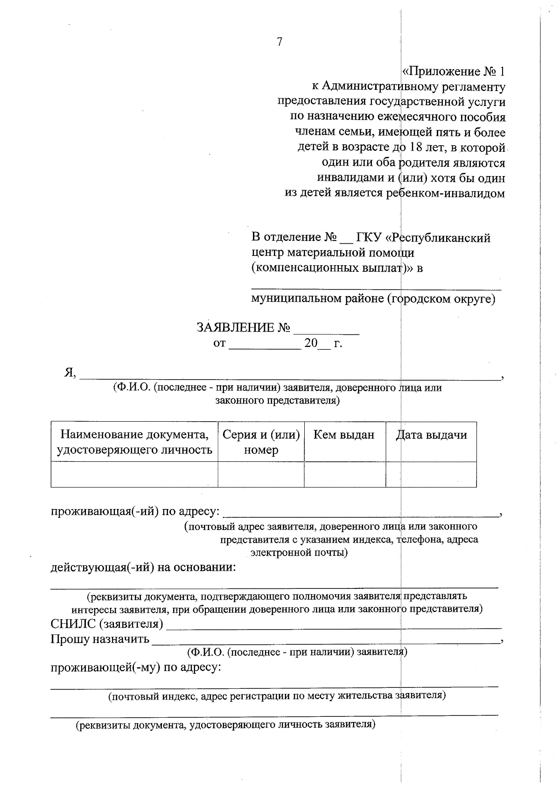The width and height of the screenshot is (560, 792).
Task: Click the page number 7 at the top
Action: [x=280, y=42]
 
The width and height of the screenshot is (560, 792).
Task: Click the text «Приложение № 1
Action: [x=453, y=72]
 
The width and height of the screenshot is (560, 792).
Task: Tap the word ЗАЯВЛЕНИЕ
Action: [x=235, y=327]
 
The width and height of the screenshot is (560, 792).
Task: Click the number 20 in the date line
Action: [x=311, y=343]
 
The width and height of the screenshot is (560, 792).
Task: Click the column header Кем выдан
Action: [x=344, y=435]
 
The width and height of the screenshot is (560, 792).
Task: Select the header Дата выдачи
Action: [x=431, y=435]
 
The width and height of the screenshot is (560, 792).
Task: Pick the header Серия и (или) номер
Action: [x=261, y=442]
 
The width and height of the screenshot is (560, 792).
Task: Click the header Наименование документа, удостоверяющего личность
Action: [x=134, y=442]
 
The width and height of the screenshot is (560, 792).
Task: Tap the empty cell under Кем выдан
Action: [x=345, y=474]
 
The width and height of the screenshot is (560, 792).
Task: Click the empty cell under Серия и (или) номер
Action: [x=261, y=474]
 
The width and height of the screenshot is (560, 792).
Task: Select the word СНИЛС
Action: [x=74, y=624]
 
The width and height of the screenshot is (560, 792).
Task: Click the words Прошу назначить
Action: [x=100, y=639]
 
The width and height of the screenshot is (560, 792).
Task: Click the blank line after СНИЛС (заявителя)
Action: [x=334, y=626]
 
